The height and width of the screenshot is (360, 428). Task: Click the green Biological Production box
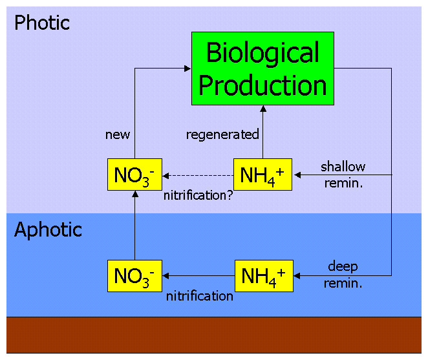pyautogui.click(x=262, y=69)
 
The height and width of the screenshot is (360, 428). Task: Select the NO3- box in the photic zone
pyautogui.click(x=134, y=175)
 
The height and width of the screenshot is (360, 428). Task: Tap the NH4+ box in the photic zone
pyautogui.click(x=262, y=175)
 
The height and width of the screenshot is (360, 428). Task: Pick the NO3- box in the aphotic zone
pyautogui.click(x=134, y=276)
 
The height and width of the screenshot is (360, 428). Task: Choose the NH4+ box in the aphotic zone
pyautogui.click(x=262, y=276)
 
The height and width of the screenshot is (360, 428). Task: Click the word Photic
pyautogui.click(x=42, y=23)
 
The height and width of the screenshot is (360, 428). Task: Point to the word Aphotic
pyautogui.click(x=48, y=230)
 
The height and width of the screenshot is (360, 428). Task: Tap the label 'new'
pyautogui.click(x=118, y=134)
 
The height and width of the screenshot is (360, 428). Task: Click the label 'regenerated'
pyautogui.click(x=222, y=134)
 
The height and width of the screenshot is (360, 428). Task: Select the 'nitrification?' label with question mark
pyautogui.click(x=198, y=193)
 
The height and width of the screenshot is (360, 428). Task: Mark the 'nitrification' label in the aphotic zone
pyautogui.click(x=199, y=296)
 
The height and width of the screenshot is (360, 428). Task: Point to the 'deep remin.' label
pyautogui.click(x=343, y=274)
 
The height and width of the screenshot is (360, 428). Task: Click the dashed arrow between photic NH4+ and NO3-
pyautogui.click(x=198, y=175)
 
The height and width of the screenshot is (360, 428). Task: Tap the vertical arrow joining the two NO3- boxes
pyautogui.click(x=134, y=226)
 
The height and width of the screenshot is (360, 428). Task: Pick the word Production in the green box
pyautogui.click(x=262, y=85)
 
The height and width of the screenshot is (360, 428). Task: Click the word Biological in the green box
pyautogui.click(x=262, y=53)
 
